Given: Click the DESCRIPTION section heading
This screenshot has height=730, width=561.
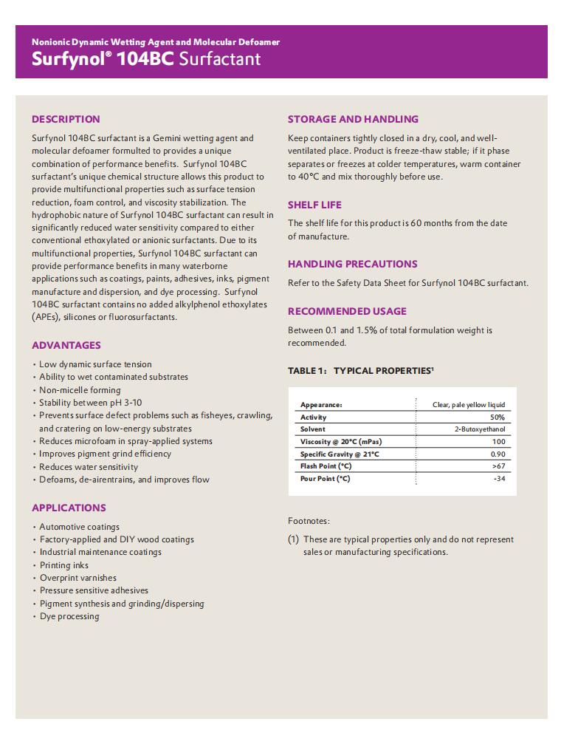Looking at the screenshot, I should click(66, 119).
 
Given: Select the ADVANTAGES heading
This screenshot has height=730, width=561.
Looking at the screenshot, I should click(66, 345).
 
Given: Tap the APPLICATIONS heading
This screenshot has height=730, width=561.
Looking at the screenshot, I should click(69, 508).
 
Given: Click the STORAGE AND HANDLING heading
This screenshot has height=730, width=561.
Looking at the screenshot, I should click(353, 119).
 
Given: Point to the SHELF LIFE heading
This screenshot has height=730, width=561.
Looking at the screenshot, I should click(314, 205).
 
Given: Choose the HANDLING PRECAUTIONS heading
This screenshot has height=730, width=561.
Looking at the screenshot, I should click(352, 264).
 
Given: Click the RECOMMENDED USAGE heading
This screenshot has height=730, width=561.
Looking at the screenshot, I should click(347, 311).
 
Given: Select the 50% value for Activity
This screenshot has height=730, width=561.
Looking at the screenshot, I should click(497, 417).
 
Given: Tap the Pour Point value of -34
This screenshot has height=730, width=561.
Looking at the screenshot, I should click(499, 479).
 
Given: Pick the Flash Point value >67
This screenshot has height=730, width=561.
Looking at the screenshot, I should click(498, 466).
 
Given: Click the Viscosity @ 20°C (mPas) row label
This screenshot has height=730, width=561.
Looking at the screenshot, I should click(341, 442).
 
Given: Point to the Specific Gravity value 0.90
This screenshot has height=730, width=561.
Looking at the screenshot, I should click(498, 454).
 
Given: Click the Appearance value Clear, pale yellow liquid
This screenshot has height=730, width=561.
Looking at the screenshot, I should click(469, 405).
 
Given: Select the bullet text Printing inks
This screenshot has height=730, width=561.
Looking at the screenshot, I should click(64, 565).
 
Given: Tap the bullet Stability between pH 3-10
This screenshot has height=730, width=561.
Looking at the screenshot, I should click(90, 403).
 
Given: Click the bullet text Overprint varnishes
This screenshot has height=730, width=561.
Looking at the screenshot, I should click(78, 578).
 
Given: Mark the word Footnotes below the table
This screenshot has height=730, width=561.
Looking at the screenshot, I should click(309, 521).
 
